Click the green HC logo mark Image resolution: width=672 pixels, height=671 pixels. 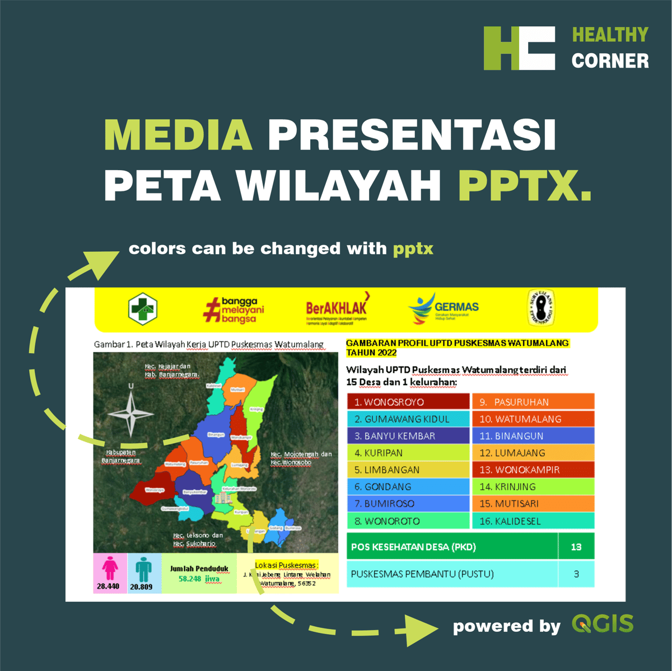[519, 48]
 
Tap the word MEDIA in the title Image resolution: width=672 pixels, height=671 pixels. [178, 135]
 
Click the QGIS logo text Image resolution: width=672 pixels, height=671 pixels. [603, 623]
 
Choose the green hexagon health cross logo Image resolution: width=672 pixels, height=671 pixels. [142, 308]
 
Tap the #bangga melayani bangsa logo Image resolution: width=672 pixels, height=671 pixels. [234, 309]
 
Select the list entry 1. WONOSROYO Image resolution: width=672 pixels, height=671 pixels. [408, 402]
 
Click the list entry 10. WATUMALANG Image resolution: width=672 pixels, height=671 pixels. [533, 419]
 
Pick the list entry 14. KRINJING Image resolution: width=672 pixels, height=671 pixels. [533, 486]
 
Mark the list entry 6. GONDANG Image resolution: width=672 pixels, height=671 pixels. [408, 486]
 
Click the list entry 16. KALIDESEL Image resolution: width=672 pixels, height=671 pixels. [533, 521]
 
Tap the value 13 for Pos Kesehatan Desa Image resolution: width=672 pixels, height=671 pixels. [576, 547]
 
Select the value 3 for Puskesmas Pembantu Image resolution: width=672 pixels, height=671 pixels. [576, 574]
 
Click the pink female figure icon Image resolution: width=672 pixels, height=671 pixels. [110, 569]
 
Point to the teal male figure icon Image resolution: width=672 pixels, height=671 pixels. [143, 569]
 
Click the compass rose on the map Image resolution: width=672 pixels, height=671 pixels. [131, 412]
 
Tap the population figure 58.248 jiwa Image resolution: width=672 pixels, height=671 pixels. [199, 579]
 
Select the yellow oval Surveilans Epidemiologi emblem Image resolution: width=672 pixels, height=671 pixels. [542, 308]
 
